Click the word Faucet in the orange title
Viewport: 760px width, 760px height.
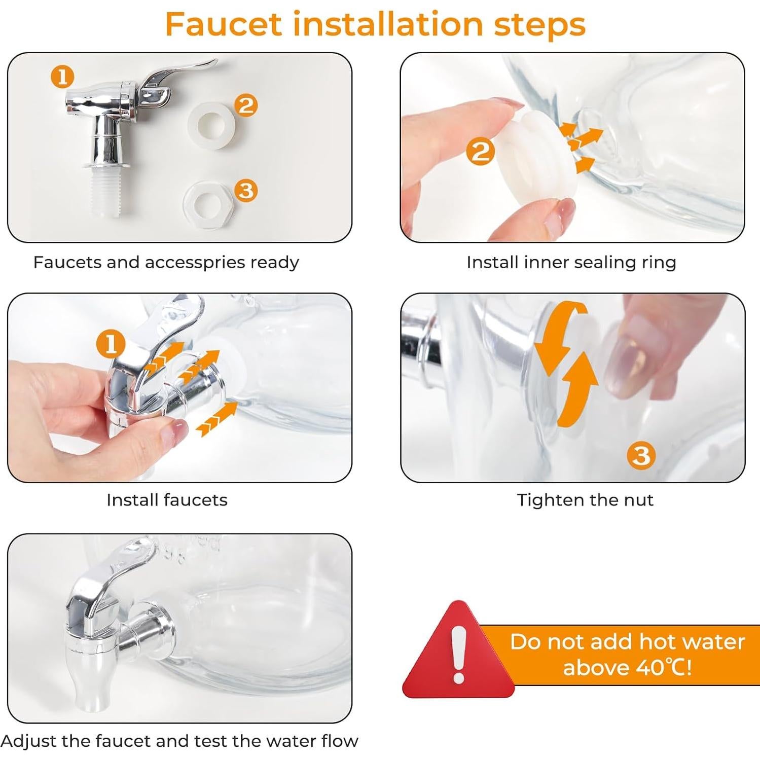click(224, 24)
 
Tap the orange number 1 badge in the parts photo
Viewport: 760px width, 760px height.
click(62, 77)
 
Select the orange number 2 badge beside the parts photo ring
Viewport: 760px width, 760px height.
click(246, 105)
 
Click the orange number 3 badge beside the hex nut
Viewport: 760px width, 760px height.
click(246, 191)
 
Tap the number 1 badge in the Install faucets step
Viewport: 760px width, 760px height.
click(111, 345)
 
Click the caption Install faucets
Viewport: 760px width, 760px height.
click(167, 500)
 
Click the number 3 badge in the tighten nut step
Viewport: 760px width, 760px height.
click(641, 455)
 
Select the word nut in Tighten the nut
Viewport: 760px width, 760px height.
click(639, 500)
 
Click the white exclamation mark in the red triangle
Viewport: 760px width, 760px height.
click(458, 654)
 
